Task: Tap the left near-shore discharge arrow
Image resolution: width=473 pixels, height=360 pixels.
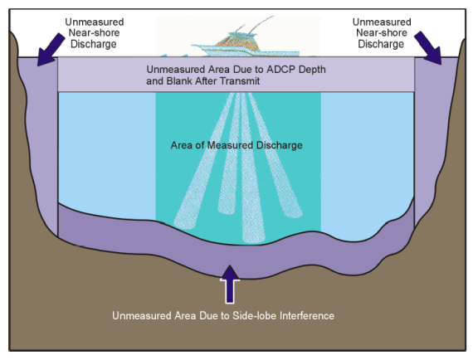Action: pyautogui.click(x=51, y=49)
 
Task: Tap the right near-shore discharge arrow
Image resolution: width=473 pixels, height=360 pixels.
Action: pyautogui.click(x=428, y=47)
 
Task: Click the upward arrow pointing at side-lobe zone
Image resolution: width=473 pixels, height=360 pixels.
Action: pyautogui.click(x=230, y=284)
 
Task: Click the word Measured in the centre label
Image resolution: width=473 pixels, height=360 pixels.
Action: pyautogui.click(x=230, y=145)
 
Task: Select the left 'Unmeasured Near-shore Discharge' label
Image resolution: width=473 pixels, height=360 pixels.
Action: pyautogui.click(x=94, y=33)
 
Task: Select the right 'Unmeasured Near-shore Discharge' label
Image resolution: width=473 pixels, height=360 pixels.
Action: pyautogui.click(x=382, y=33)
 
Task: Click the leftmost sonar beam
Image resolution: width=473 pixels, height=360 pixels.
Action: pyautogui.click(x=203, y=161)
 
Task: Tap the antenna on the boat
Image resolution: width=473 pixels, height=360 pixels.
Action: pyautogui.click(x=261, y=24)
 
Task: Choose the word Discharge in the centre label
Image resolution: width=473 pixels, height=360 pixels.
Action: pyautogui.click(x=279, y=145)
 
